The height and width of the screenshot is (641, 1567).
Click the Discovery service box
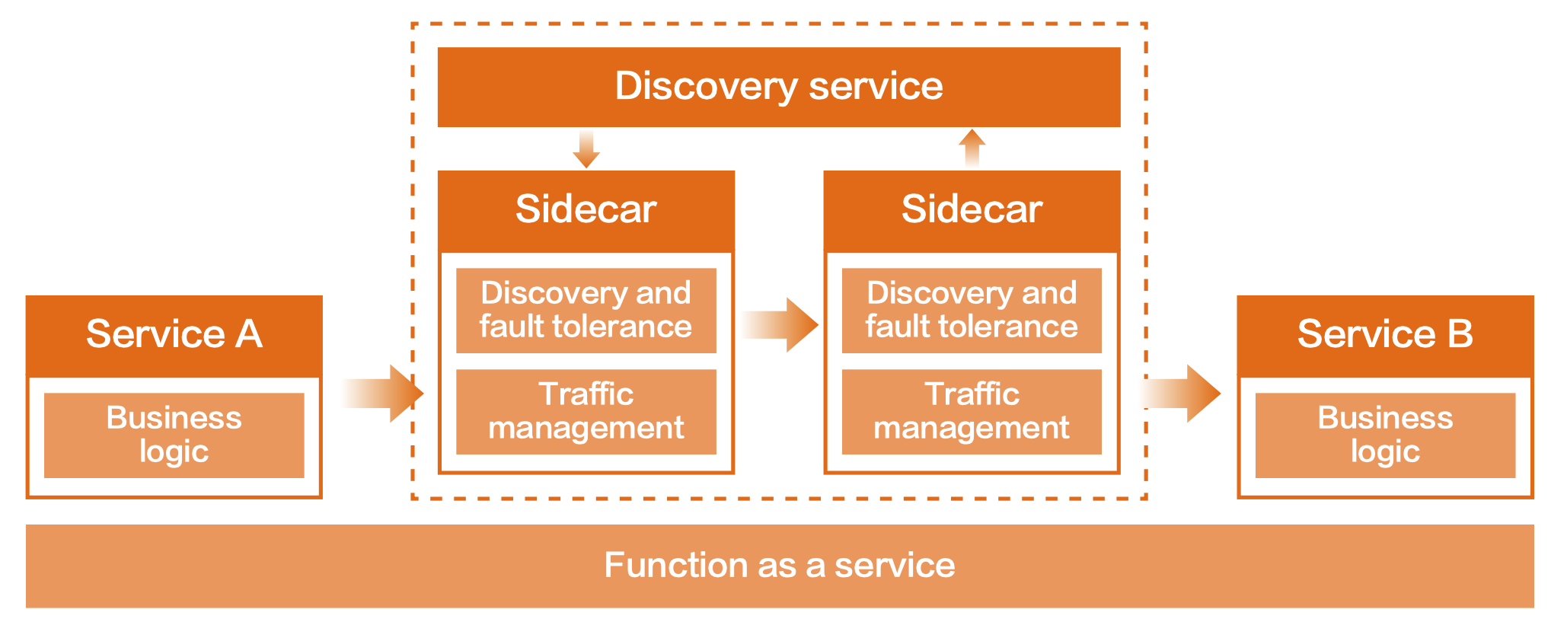[778, 87]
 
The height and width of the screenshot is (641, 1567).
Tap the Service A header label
[174, 334]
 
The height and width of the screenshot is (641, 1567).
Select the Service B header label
[1384, 334]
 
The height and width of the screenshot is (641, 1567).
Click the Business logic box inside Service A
[174, 435]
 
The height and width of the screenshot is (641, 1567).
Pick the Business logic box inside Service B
[1384, 435]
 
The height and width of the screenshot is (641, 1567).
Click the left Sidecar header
[586, 209]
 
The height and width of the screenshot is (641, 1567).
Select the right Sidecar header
[972, 209]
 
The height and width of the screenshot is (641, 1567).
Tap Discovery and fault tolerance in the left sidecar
[586, 310]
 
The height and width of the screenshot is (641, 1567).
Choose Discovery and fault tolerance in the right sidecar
[972, 310]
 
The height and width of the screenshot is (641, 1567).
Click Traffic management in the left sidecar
[586, 411]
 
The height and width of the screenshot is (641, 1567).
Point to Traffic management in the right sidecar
[972, 411]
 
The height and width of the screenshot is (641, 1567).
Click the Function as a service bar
[779, 566]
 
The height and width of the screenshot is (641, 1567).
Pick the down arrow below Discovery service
[586, 149]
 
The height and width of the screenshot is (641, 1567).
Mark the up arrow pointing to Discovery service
[972, 148]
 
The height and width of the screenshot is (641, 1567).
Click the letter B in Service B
[1459, 334]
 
